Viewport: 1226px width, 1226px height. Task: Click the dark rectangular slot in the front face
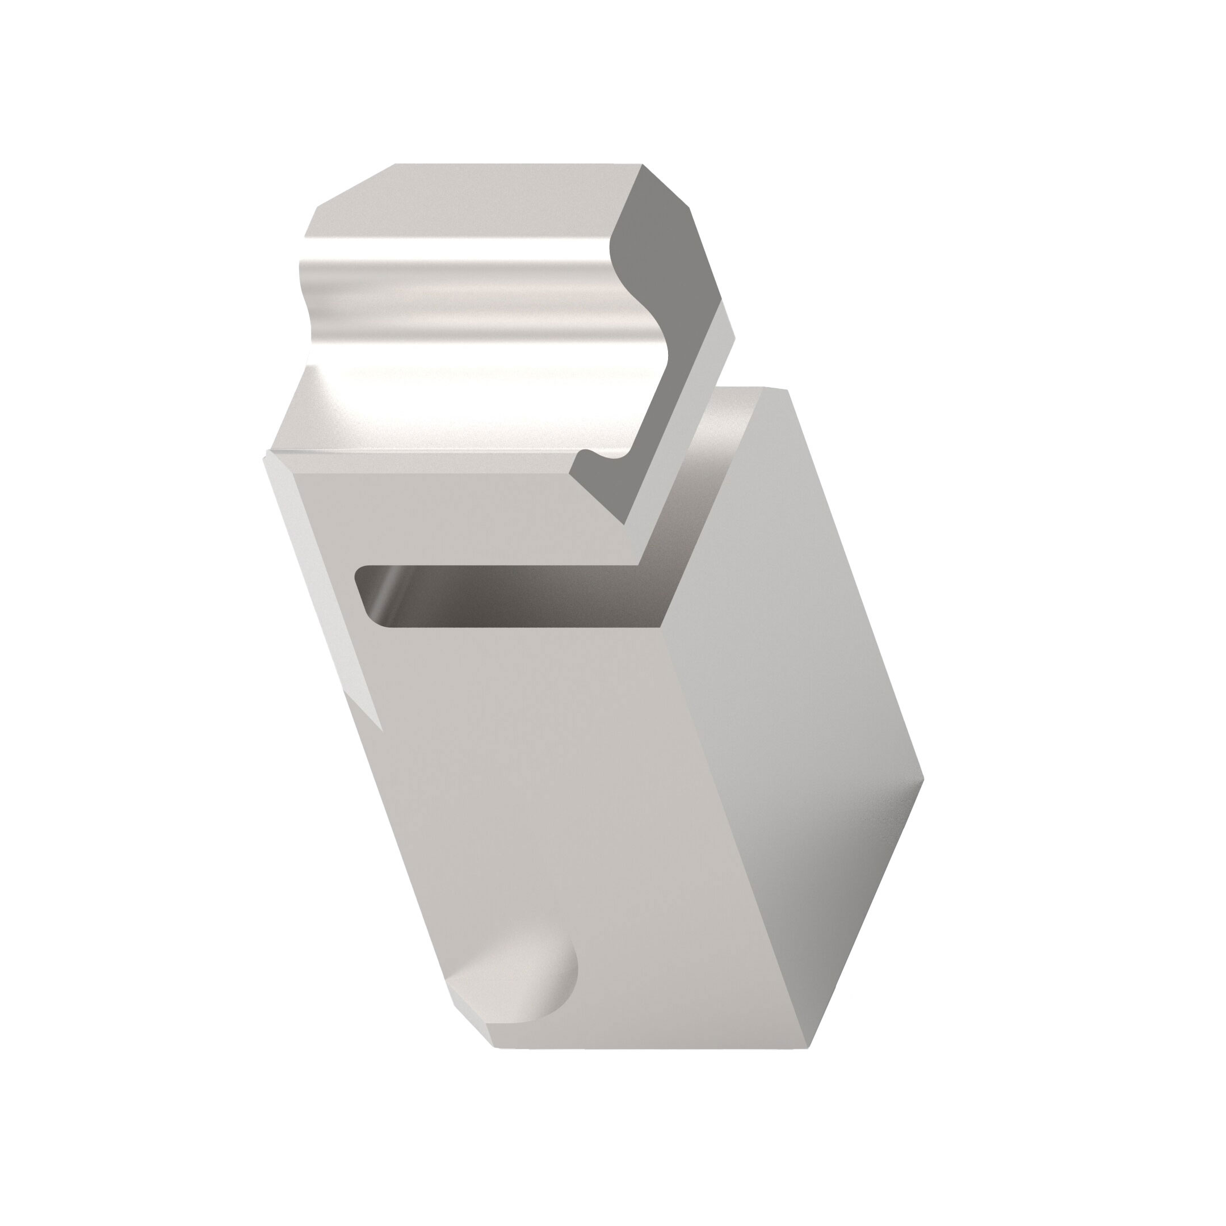point(507,594)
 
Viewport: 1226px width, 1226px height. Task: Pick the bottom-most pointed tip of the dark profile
point(625,523)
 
